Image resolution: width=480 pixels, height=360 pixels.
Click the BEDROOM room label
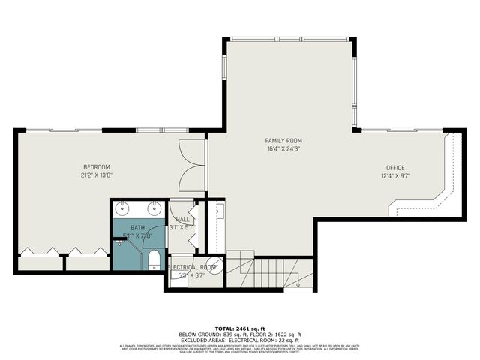click(96, 166)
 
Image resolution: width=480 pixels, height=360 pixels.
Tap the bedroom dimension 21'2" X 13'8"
click(96, 175)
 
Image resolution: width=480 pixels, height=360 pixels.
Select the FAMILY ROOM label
click(283, 140)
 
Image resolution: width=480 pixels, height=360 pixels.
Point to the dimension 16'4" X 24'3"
click(283, 148)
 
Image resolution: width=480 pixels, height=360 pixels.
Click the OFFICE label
click(395, 168)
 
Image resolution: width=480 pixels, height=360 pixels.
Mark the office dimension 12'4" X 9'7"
click(395, 177)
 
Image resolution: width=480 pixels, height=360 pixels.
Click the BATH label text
click(137, 227)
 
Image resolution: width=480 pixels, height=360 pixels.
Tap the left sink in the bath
click(124, 208)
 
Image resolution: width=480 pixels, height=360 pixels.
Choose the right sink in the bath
click(153, 208)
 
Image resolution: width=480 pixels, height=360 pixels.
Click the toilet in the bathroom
click(154, 259)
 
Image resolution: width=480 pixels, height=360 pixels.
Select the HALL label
click(182, 219)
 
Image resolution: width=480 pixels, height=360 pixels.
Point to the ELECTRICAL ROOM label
click(193, 267)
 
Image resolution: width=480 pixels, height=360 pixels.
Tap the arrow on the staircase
click(298, 282)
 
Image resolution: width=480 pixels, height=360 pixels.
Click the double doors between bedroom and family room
click(193, 166)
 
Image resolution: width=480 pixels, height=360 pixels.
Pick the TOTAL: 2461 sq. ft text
click(239, 328)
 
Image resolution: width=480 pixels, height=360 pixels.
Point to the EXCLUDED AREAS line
click(239, 340)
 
